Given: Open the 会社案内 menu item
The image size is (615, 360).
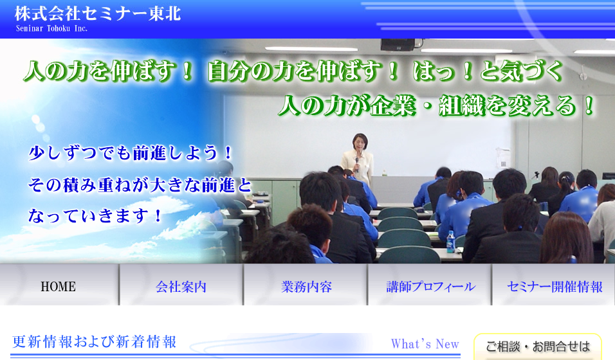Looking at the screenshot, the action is (x=181, y=287).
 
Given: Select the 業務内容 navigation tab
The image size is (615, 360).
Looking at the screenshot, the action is (x=306, y=287).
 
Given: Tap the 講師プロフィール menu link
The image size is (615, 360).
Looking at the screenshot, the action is (x=430, y=287).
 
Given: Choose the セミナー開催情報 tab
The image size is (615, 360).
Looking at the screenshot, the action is (x=554, y=287).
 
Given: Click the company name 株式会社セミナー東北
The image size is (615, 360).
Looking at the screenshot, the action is (x=98, y=14).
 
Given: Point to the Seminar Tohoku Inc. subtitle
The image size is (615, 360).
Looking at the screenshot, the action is (x=51, y=29).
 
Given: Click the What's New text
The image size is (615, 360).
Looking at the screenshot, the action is (x=425, y=344).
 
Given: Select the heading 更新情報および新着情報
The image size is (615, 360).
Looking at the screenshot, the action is (x=94, y=342).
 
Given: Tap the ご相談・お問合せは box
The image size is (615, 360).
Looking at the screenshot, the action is (x=537, y=346).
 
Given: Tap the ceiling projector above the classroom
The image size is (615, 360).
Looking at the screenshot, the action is (x=398, y=45).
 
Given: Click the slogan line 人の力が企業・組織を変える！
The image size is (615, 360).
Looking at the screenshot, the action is (x=437, y=105).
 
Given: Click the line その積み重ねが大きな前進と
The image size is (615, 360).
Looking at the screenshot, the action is (x=140, y=184).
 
